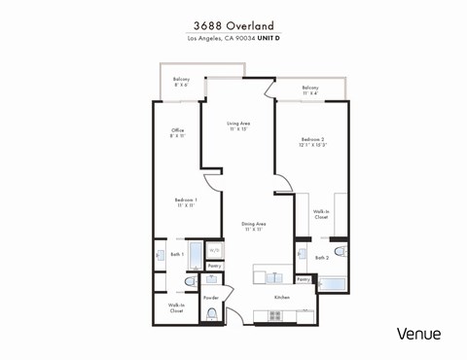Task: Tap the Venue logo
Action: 418,334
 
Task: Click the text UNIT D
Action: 266,40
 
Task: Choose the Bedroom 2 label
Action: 312,141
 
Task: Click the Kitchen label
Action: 282,296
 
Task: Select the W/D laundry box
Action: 214,250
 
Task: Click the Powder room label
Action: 210,297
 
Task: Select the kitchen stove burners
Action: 275,315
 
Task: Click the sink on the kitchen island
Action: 275,274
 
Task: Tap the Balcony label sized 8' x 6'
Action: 182,82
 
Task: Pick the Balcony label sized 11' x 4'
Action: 310,90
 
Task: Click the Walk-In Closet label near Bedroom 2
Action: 320,213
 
